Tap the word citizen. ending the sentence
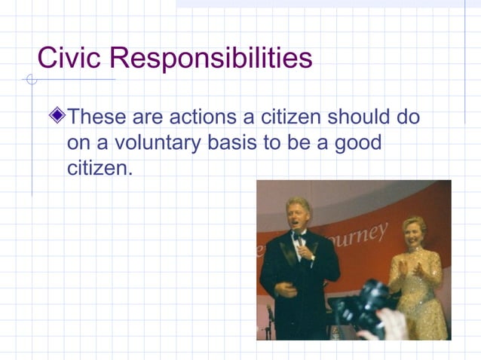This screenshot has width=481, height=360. coord(100,167)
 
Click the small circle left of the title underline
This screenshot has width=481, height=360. coord(32,80)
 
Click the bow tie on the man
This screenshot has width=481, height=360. coord(299,235)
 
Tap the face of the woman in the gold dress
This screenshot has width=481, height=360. coord(414,234)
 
